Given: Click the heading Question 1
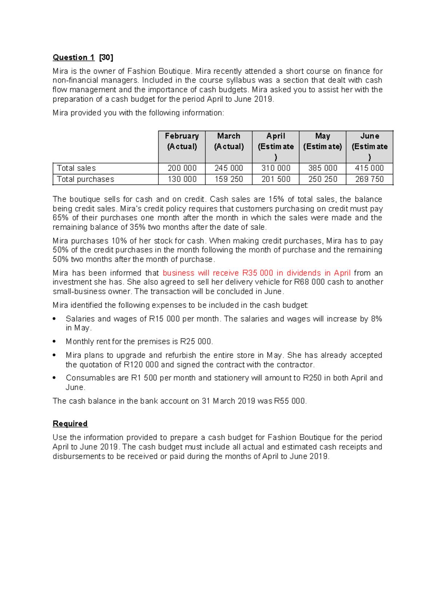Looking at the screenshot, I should tap(73, 57).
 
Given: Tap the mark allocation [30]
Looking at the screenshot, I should tap(106, 57).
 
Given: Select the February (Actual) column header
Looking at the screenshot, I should tap(182, 141).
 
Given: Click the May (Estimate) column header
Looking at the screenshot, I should tap(323, 141).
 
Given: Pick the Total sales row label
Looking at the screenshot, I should tap(76, 168).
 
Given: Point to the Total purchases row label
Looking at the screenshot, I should tap(85, 179).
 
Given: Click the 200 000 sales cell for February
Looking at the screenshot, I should tap(182, 168).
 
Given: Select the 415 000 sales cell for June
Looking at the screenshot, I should tap(369, 168).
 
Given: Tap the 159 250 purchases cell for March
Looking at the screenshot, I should tap(229, 179).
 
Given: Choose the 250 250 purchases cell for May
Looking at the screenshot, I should tap(323, 179).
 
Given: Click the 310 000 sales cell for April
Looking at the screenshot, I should tap(276, 168).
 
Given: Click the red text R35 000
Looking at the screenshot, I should tap(258, 273).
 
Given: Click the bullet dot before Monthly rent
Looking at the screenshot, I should tap(54, 341).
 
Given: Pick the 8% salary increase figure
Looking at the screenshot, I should tap(376, 319).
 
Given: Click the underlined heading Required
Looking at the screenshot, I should tap(70, 424).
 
